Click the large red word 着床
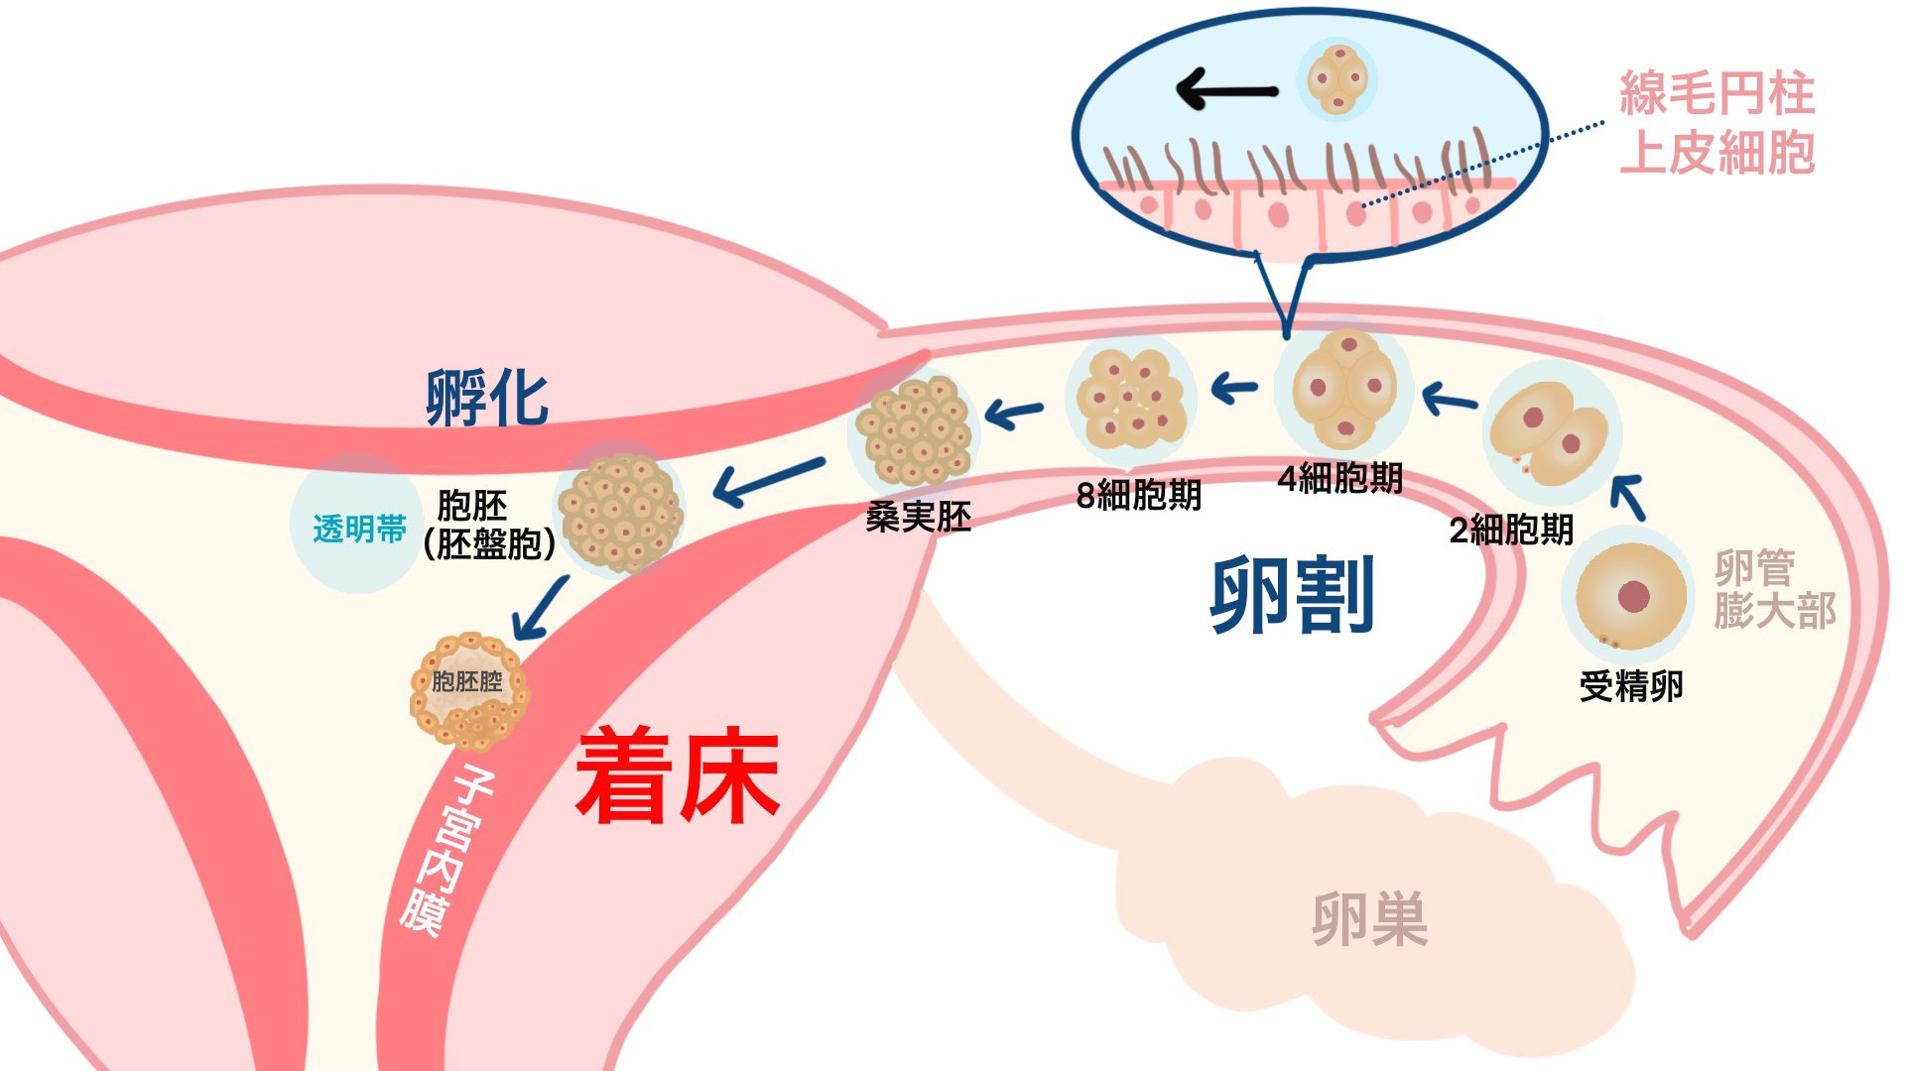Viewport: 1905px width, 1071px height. pos(678,775)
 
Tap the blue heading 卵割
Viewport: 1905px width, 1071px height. pos(1292,594)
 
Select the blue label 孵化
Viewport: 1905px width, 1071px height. pos(487,398)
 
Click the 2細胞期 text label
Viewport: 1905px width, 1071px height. pos(1511,530)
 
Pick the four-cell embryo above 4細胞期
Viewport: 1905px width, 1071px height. pos(1345,389)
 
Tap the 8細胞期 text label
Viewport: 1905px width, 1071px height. pos(1138,495)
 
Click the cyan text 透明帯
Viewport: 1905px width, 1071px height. pos(359,529)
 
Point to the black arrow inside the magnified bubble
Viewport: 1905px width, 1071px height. pos(1226,90)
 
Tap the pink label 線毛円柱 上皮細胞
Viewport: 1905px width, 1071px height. pos(1716,123)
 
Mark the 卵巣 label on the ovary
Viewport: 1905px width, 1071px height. pos(1369,918)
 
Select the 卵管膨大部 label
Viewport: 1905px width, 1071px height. pos(1774,589)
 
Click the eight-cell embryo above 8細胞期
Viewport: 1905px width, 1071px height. pos(1130,399)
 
